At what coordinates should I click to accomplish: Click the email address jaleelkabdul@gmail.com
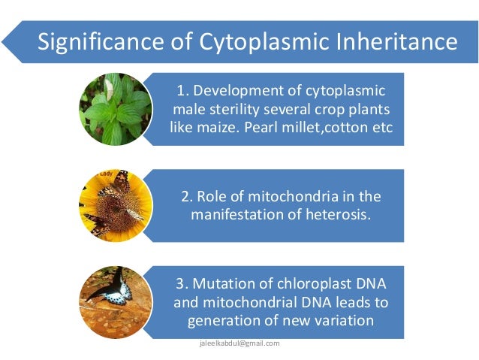click(x=239, y=343)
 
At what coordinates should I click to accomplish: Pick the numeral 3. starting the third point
click(x=181, y=285)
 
